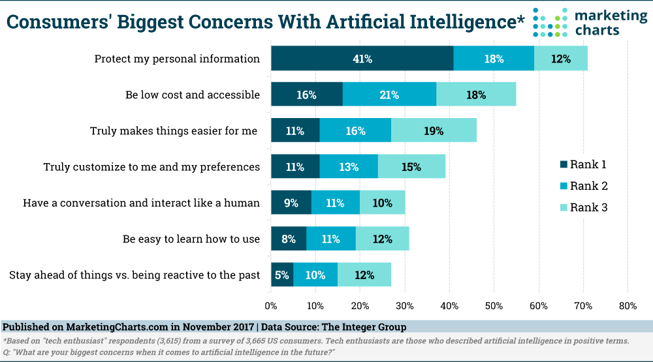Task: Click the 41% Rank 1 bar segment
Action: tap(362, 59)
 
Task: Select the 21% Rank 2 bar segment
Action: tap(389, 95)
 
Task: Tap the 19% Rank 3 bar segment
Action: tap(434, 130)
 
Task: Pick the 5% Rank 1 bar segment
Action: tap(282, 275)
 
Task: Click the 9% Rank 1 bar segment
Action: tap(291, 203)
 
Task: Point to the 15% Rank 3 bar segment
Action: tap(411, 167)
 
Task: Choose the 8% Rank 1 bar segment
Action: tap(289, 239)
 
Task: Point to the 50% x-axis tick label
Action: tap(494, 305)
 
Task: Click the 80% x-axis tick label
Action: tap(628, 305)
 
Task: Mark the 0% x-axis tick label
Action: tap(271, 305)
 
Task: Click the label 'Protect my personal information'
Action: tap(177, 59)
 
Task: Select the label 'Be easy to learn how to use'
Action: tap(191, 239)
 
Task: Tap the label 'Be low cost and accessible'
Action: tap(193, 95)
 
